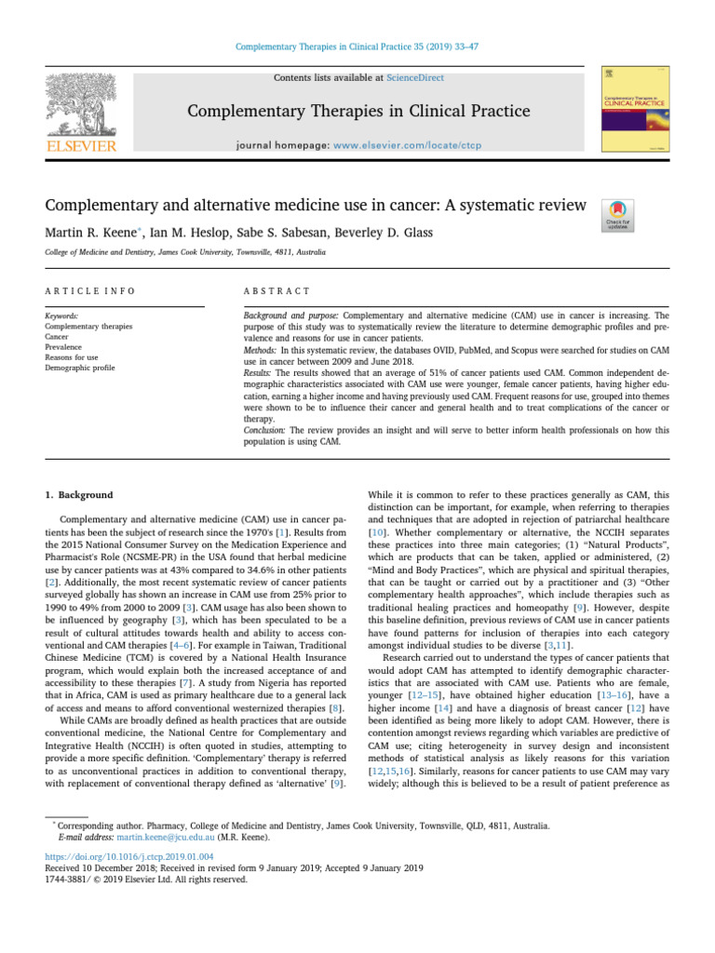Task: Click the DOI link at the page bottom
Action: pyautogui.click(x=128, y=856)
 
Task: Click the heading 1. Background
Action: pyautogui.click(x=79, y=495)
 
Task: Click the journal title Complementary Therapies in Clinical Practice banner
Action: pyautogui.click(x=357, y=112)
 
